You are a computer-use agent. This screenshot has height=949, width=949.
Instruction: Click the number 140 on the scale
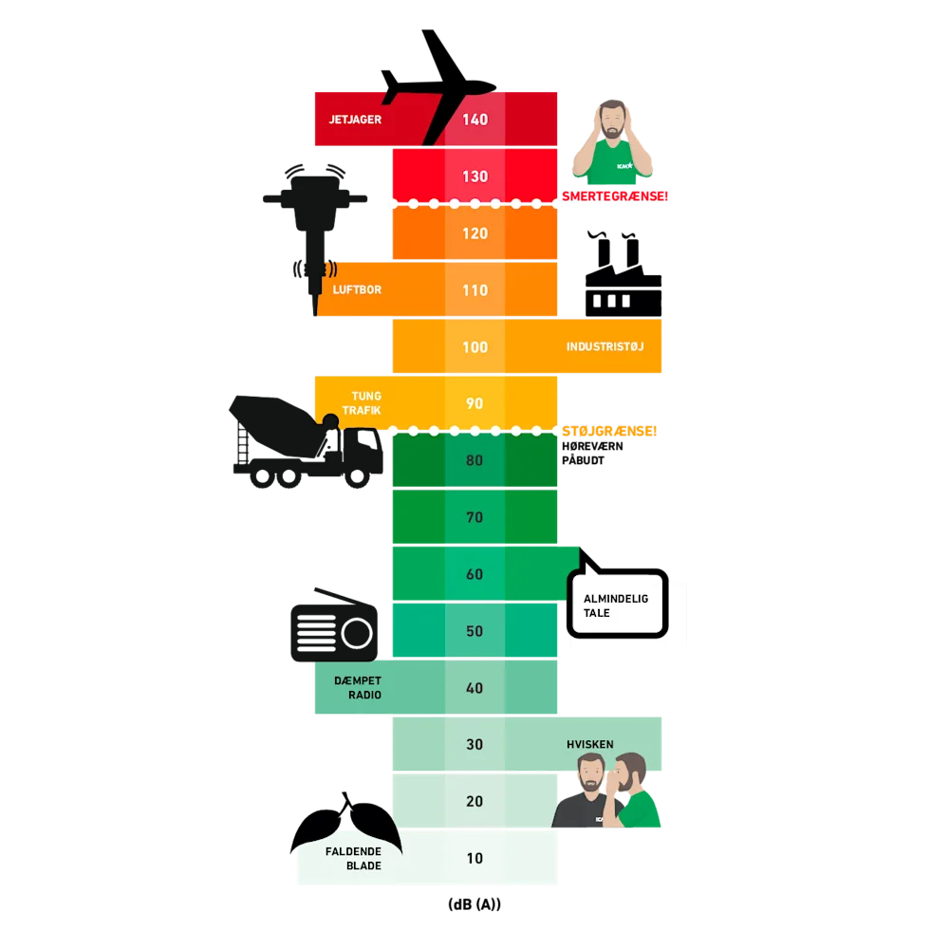click(474, 120)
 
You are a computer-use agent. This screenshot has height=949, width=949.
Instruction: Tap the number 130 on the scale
click(474, 177)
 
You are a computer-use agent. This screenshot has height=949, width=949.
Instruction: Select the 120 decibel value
click(474, 233)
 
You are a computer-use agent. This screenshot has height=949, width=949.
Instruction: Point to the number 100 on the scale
click(474, 347)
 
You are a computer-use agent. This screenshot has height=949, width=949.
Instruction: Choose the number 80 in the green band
click(474, 461)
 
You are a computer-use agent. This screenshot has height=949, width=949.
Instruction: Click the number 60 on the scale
click(474, 574)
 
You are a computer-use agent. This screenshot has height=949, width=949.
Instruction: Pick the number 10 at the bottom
click(474, 858)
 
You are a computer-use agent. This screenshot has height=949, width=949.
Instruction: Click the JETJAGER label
click(355, 121)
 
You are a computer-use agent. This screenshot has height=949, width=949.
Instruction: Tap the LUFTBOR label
click(357, 289)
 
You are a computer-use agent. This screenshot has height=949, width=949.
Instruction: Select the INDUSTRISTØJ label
click(605, 346)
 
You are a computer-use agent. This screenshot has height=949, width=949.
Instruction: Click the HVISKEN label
click(590, 745)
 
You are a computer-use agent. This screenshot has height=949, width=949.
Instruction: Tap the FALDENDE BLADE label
click(353, 859)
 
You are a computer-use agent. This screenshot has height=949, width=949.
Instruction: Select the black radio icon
click(334, 627)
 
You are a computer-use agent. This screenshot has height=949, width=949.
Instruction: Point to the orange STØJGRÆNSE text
click(610, 431)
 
